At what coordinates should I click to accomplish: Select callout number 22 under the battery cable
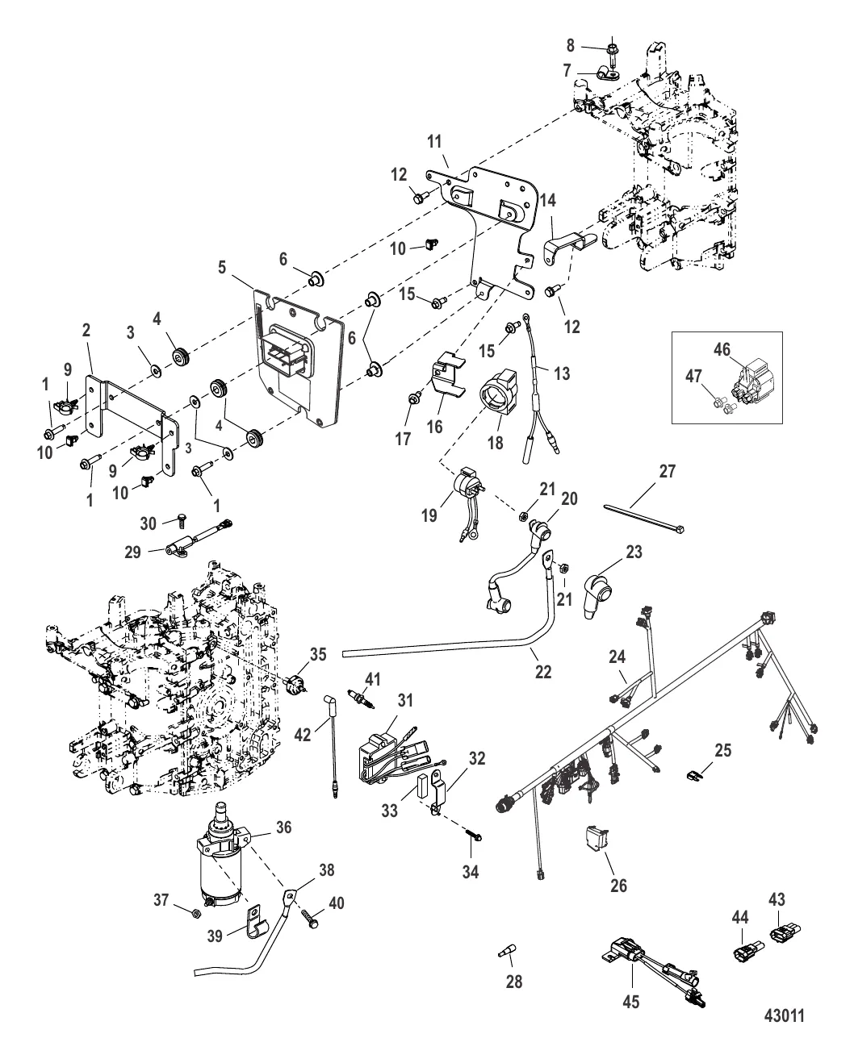tap(543, 670)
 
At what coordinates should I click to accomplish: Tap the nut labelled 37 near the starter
tap(196, 912)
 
